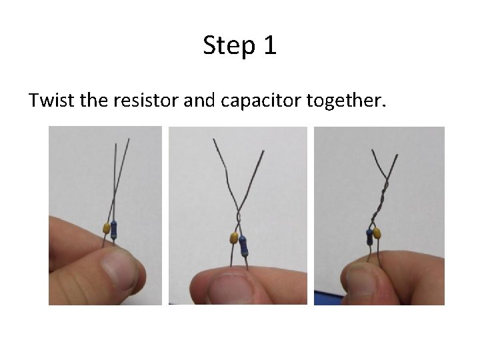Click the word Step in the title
click(229, 46)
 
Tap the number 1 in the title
click(271, 45)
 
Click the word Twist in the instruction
click(51, 100)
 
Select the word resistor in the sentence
click(146, 100)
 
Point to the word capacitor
click(261, 101)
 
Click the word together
click(346, 101)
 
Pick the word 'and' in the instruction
click(199, 100)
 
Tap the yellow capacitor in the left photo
click(106, 229)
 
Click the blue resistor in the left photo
click(114, 230)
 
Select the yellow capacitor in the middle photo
click(234, 238)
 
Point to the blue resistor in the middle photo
click(243, 246)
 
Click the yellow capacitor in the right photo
click(377, 233)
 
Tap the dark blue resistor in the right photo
click(369, 237)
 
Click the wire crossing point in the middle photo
click(239, 212)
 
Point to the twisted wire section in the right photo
click(379, 202)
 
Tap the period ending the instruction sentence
click(384, 106)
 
